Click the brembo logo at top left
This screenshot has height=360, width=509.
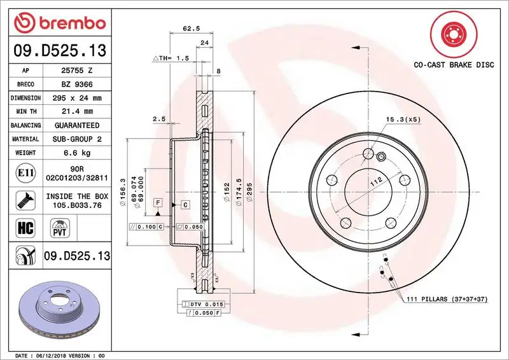pyautogui.click(x=59, y=24)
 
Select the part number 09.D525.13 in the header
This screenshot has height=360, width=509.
pyautogui.click(x=59, y=50)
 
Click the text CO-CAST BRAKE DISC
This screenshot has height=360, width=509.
pyautogui.click(x=454, y=65)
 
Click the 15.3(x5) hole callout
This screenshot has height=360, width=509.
pyautogui.click(x=402, y=119)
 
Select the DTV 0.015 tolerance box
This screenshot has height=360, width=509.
pyautogui.click(x=202, y=305)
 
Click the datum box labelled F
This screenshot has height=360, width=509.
pyautogui.click(x=157, y=202)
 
